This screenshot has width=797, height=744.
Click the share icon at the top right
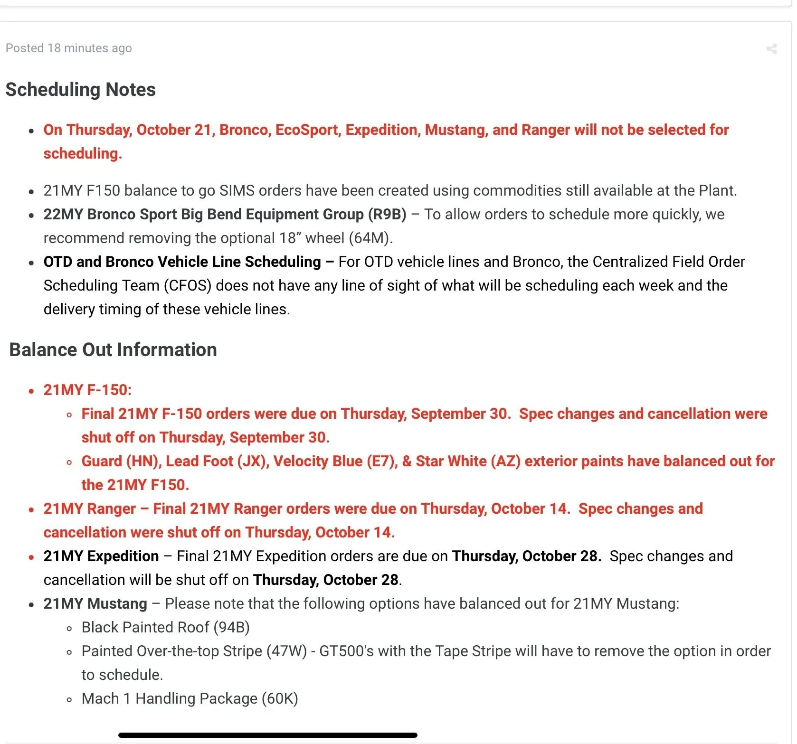click(771, 48)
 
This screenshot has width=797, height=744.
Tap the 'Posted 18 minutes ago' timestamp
click(69, 48)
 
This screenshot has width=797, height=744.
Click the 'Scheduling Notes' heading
click(81, 90)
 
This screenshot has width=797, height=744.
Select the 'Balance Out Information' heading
click(113, 350)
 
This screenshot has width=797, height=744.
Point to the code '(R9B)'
click(387, 215)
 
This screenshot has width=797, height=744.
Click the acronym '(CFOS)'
click(188, 286)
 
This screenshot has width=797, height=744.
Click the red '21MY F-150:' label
click(87, 390)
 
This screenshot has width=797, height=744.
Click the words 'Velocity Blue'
click(318, 461)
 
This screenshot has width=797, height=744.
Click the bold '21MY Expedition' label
click(101, 556)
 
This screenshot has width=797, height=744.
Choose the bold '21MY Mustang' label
click(95, 604)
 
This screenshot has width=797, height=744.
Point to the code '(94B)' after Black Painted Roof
click(231, 628)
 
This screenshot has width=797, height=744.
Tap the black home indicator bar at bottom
click(268, 735)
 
